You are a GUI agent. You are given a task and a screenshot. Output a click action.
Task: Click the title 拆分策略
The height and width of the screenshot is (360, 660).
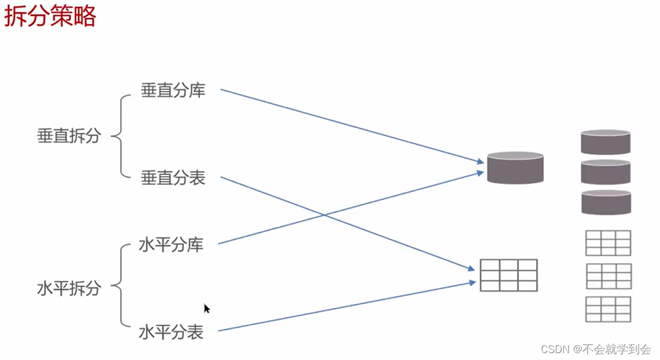pyautogui.click(x=50, y=17)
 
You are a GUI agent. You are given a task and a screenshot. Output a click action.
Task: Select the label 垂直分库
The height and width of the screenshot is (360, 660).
pyautogui.click(x=173, y=90)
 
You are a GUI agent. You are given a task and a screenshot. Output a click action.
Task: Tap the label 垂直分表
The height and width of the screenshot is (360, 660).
pyautogui.click(x=173, y=178)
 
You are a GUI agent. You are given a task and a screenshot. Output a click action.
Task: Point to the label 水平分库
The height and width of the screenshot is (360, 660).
pyautogui.click(x=171, y=245)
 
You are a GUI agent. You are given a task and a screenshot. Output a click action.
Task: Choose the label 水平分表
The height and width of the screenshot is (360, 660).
pyautogui.click(x=171, y=332)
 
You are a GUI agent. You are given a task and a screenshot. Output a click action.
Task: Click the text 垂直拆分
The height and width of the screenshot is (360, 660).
pyautogui.click(x=69, y=136)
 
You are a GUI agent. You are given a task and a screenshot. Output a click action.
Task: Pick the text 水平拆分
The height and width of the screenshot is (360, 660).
pyautogui.click(x=69, y=288)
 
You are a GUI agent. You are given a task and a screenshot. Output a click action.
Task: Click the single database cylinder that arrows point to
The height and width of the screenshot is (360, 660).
pyautogui.click(x=515, y=168)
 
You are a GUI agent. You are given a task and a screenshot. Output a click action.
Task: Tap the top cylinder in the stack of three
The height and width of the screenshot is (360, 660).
pyautogui.click(x=605, y=142)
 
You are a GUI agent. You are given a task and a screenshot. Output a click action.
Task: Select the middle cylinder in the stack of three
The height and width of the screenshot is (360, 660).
pyautogui.click(x=605, y=172)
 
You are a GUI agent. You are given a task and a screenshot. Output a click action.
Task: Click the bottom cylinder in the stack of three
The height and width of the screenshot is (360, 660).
pyautogui.click(x=605, y=202)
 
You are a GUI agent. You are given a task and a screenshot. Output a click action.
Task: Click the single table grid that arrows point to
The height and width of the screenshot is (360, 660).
pyautogui.click(x=509, y=275)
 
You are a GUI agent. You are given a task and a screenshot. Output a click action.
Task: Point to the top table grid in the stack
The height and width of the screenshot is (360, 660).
pyautogui.click(x=608, y=242)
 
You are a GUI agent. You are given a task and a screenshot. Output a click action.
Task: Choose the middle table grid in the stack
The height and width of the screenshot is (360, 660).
pyautogui.click(x=608, y=276)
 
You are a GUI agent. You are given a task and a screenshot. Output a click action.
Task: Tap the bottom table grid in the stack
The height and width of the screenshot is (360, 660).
pyautogui.click(x=608, y=309)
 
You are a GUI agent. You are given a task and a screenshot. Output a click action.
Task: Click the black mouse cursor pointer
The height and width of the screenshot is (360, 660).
pyautogui.click(x=206, y=309)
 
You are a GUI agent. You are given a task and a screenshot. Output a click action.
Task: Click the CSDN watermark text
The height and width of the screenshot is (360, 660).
pyautogui.click(x=596, y=349)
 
